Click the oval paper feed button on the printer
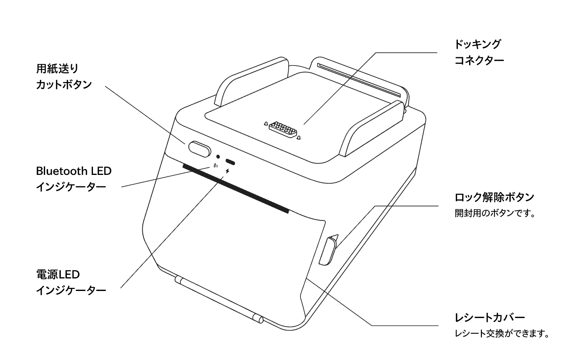click(200, 149)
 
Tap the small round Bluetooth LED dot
click(218, 157)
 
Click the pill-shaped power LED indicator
click(230, 162)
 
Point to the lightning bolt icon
click(227, 172)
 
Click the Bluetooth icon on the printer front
click(215, 165)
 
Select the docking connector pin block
click(282, 130)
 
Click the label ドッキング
click(477, 44)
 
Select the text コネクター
click(479, 61)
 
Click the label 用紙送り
click(57, 69)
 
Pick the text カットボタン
click(64, 85)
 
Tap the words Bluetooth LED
click(74, 171)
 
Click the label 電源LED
click(58, 275)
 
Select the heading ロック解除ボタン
click(494, 197)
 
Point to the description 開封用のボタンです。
click(495, 213)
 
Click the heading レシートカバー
click(490, 318)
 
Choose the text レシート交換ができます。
click(502, 334)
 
